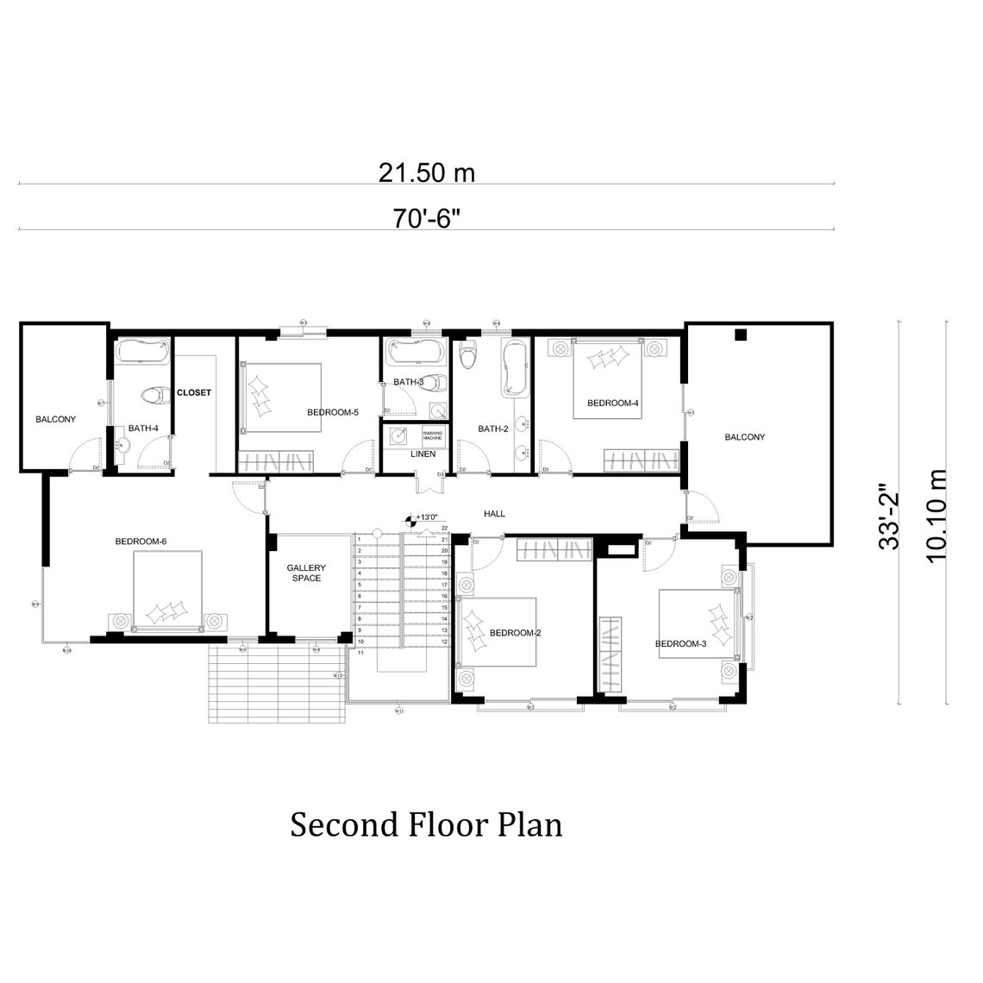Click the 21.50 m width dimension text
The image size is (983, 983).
(x=427, y=172)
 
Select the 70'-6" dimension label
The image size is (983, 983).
(x=427, y=218)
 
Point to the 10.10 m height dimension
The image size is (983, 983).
(x=936, y=516)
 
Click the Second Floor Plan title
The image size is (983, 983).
(x=426, y=824)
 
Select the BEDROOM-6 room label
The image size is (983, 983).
(x=141, y=542)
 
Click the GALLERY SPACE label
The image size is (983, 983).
(x=306, y=573)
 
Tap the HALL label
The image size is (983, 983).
(x=494, y=514)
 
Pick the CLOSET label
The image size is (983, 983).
(x=194, y=392)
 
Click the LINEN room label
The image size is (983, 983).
(x=423, y=454)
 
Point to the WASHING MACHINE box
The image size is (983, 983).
(x=432, y=436)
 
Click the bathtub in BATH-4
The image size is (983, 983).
(x=143, y=351)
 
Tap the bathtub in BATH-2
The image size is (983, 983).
(x=515, y=369)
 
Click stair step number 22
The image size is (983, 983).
(x=444, y=528)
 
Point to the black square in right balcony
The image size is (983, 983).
(x=740, y=335)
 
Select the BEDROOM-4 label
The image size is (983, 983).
(x=612, y=403)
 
